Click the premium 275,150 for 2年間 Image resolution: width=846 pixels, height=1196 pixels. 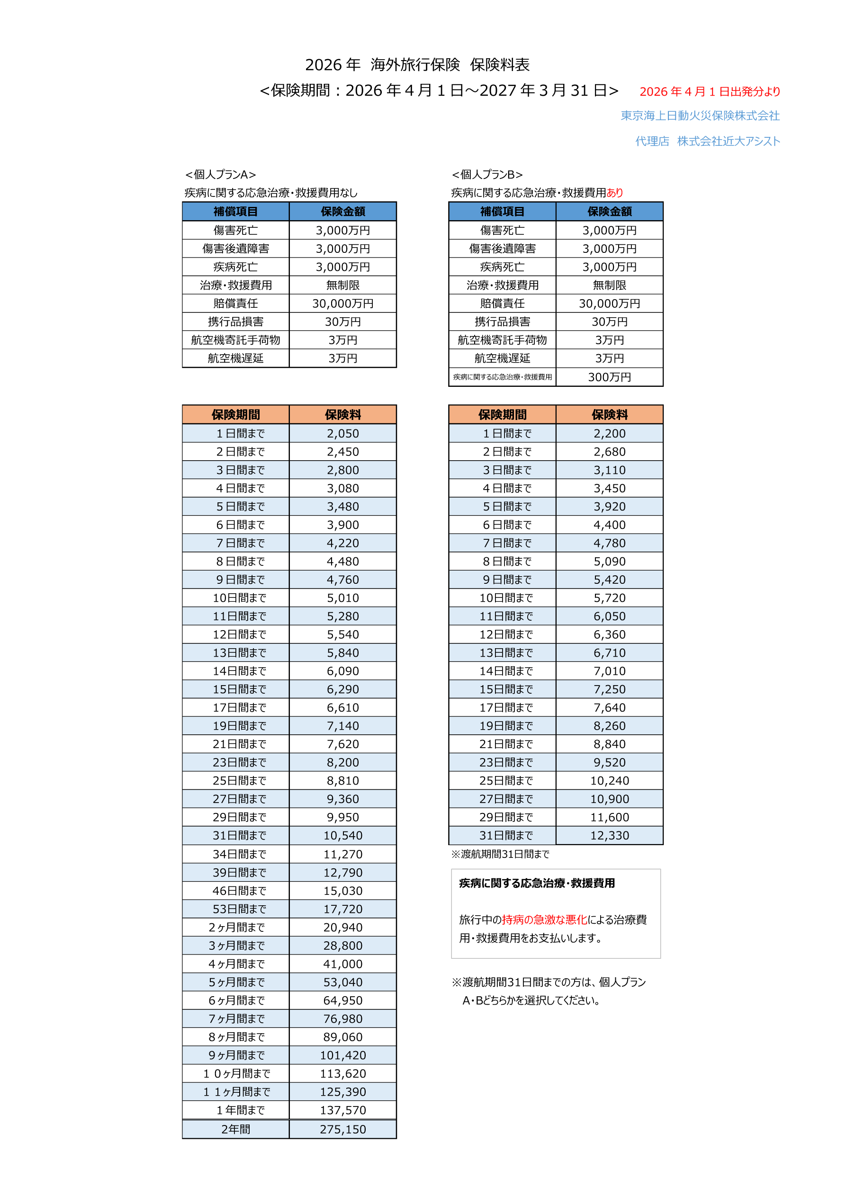342,1129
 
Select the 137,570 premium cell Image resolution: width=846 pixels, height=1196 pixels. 342,1109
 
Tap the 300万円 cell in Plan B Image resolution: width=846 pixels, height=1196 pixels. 609,377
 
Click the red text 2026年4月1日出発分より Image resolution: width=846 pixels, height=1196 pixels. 710,92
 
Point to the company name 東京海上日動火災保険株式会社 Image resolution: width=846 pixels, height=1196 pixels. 700,116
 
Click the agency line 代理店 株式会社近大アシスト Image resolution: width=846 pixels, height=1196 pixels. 707,141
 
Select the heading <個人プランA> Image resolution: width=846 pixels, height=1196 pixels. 220,175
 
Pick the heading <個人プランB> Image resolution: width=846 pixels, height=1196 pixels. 487,175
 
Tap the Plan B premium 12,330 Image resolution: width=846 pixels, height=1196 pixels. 609,835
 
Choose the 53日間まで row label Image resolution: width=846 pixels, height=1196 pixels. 239,909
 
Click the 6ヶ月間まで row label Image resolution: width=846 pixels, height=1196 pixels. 237,1000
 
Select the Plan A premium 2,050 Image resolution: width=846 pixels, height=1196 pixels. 342,433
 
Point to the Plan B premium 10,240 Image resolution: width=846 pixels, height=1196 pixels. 609,780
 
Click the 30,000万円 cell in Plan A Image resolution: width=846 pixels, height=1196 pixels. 342,303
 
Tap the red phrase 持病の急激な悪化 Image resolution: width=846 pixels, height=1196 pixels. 544,919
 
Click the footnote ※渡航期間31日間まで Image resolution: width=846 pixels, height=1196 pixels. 500,854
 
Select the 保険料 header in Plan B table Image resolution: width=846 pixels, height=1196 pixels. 609,415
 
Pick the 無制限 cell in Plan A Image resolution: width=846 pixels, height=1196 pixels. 342,285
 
